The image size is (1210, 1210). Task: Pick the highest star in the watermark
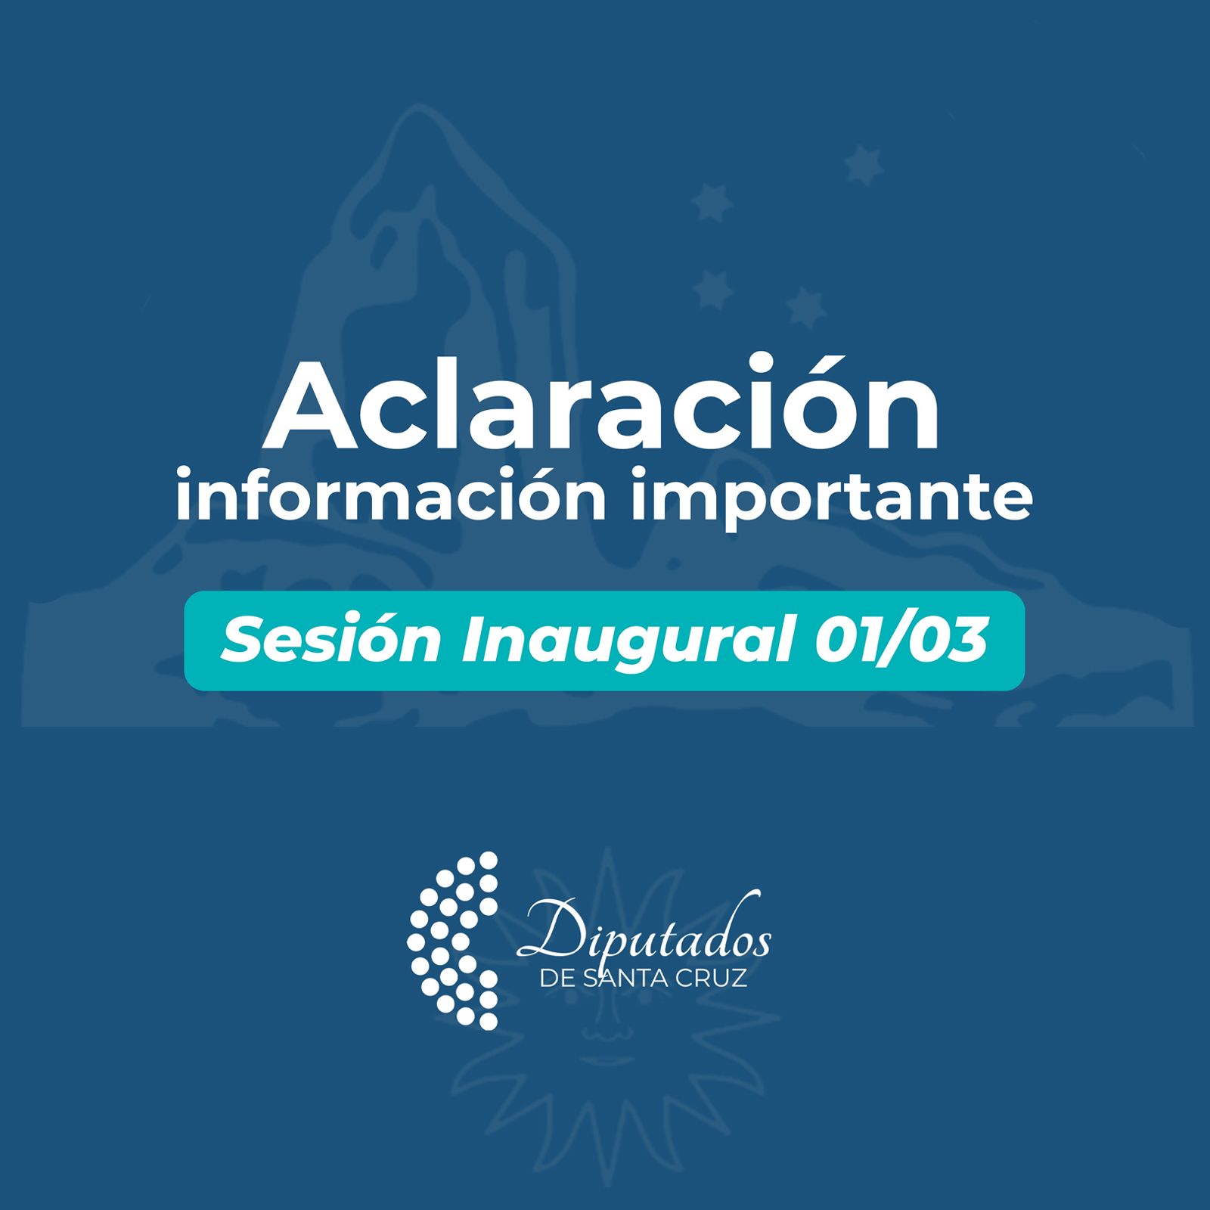coord(864,166)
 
